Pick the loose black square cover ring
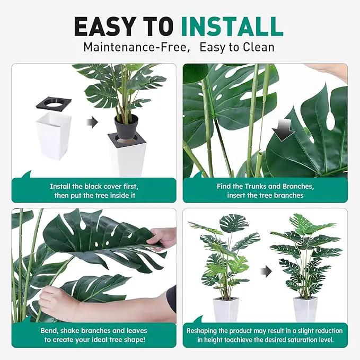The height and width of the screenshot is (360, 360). pyautogui.click(x=54, y=104)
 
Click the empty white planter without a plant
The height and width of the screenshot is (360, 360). pyautogui.click(x=54, y=135)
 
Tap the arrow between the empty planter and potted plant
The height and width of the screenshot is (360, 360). pyautogui.click(x=92, y=122)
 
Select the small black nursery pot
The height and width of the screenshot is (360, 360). pyautogui.click(x=126, y=127)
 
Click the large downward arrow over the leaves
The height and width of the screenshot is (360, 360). pyautogui.click(x=284, y=130)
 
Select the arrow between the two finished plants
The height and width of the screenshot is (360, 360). pyautogui.click(x=266, y=271)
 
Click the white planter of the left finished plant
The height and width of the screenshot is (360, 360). pyautogui.click(x=225, y=309)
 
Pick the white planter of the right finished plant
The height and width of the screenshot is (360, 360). pyautogui.click(x=305, y=309)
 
